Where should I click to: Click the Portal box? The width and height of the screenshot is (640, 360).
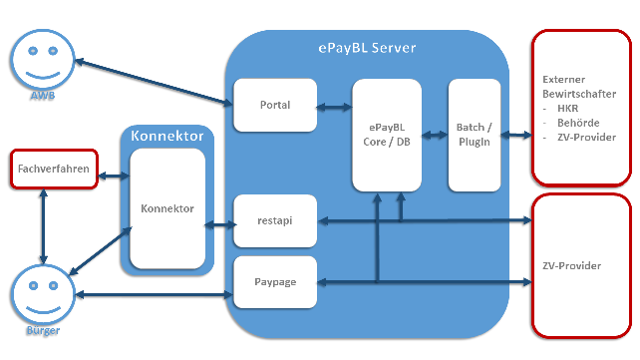point(275,105)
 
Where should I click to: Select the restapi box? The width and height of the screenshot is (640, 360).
point(275,220)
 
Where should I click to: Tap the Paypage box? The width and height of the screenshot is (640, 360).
point(275,282)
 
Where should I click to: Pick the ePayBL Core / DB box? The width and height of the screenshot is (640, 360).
point(387,135)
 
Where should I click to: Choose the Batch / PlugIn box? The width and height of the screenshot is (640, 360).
point(475,135)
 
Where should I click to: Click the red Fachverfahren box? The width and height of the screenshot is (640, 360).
point(54,169)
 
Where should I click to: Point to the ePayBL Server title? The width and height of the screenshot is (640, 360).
point(367,48)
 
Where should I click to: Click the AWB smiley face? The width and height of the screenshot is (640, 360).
point(43,60)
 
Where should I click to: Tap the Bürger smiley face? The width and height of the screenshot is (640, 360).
point(43,295)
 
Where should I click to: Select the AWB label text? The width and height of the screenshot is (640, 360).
point(43,96)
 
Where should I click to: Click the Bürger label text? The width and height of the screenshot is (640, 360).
point(43,330)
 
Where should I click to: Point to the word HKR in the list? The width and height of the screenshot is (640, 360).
point(568,109)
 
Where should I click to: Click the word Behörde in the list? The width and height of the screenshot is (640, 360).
point(578,123)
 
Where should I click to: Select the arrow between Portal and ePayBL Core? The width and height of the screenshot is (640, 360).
point(334,108)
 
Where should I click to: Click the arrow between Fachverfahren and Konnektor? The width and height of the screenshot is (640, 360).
point(114,176)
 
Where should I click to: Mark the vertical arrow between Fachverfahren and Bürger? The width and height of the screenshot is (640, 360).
point(43,226)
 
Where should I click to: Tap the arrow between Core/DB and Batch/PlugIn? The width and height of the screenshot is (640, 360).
point(435,135)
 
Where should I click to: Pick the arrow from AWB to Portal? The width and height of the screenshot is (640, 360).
point(154,83)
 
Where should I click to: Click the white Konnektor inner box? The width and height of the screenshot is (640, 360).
point(167,208)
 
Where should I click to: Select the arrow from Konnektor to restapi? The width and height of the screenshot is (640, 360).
point(220,224)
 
